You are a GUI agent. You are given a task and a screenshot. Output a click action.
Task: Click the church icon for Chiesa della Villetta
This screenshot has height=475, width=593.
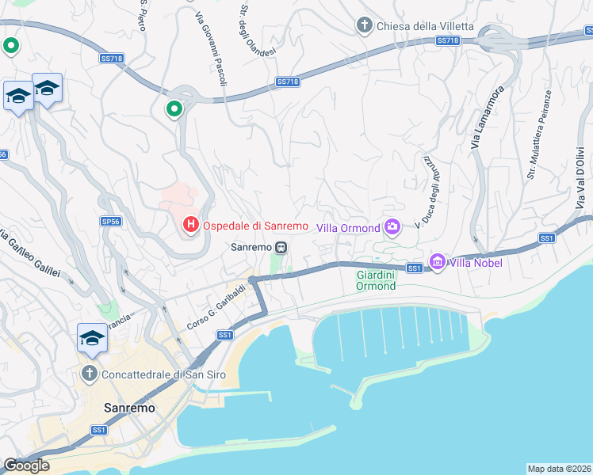[365, 25]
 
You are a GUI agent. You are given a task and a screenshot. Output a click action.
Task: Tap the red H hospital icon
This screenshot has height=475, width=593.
[190, 226]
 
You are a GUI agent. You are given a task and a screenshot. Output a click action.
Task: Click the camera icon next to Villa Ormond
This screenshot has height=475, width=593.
[392, 228]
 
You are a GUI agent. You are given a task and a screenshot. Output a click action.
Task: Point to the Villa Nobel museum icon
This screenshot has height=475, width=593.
[437, 261]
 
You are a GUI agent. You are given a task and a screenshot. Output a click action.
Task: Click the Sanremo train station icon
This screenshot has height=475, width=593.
[281, 247]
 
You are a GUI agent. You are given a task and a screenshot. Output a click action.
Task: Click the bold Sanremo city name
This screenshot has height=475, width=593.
[129, 408]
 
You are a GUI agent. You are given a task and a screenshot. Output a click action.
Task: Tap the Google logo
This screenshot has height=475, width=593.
[26, 465]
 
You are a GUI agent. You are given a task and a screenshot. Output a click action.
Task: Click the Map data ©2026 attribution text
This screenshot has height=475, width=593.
[559, 469]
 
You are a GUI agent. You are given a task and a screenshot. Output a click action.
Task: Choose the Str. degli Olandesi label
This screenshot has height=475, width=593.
[258, 30]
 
